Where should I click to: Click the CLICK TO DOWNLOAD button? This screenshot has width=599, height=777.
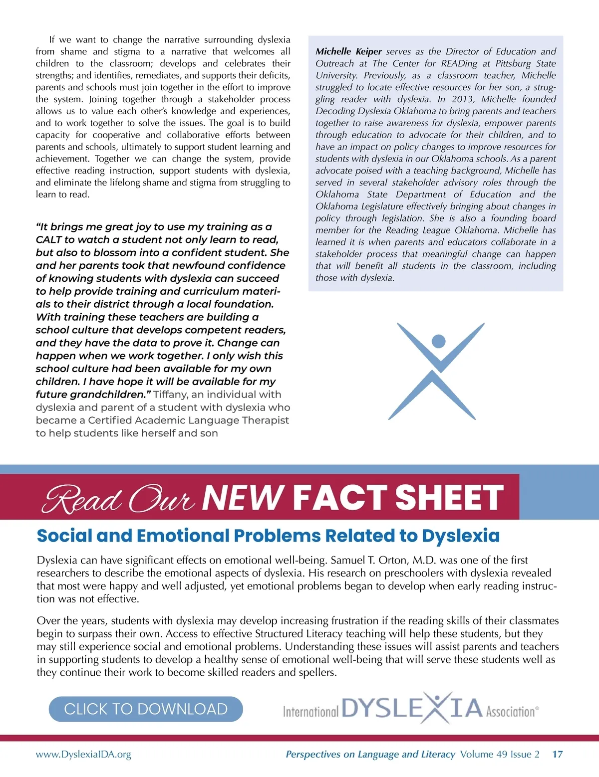click(x=146, y=709)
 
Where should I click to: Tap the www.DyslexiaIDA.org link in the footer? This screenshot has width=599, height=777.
click(x=83, y=754)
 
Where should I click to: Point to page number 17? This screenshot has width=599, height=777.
click(x=557, y=754)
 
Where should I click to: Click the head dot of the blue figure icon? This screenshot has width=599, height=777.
click(x=438, y=341)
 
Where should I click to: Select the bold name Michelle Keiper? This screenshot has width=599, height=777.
click(x=348, y=51)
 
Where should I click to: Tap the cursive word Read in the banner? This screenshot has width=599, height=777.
click(x=82, y=499)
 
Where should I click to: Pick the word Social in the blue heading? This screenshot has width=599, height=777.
click(x=65, y=536)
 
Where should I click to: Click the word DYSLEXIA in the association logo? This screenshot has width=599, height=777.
click(x=412, y=708)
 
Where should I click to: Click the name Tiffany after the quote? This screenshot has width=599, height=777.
click(x=170, y=394)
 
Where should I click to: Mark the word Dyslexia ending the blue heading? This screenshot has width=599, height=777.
click(x=460, y=536)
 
